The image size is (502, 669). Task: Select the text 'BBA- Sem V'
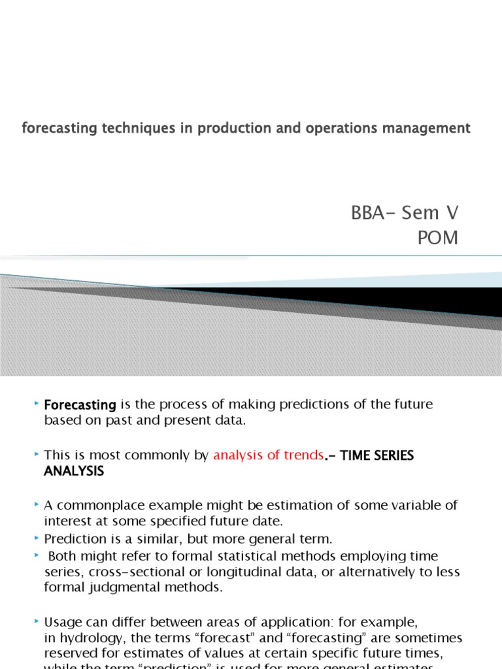(x=405, y=212)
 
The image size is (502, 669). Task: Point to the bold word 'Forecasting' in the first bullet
(x=80, y=405)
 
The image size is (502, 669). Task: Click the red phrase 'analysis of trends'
(x=268, y=455)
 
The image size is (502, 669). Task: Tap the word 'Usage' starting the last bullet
(x=62, y=621)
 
